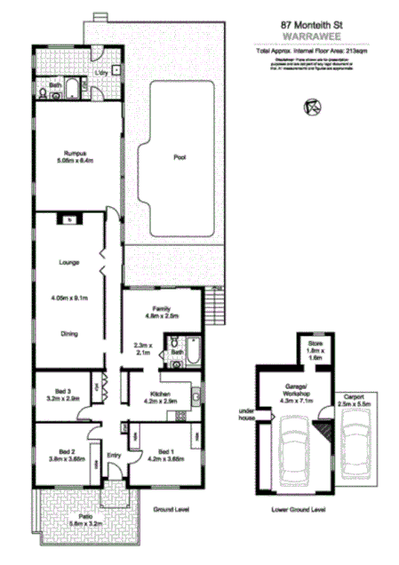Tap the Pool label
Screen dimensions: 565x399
click(179, 157)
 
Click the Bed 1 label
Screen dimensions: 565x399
click(164, 453)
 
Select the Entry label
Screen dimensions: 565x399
click(113, 457)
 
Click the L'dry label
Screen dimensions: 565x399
click(102, 72)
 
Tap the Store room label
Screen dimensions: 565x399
click(314, 341)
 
